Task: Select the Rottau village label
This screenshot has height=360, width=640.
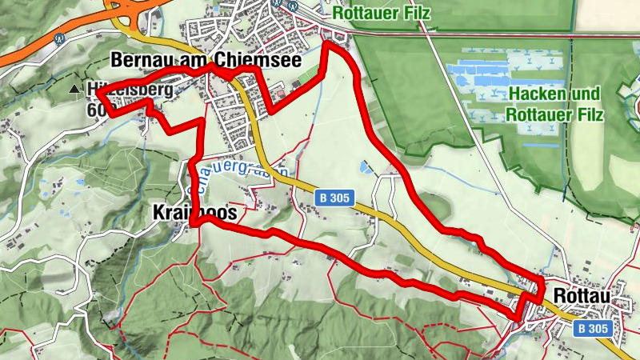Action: [581, 296]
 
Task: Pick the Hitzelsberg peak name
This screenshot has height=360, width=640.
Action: [128, 90]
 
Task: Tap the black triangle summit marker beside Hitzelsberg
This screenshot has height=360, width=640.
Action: [74, 90]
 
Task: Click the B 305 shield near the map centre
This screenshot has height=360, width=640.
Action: [334, 198]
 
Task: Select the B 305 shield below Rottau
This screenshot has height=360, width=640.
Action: [593, 328]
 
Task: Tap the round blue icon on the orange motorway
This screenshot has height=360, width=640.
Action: [58, 36]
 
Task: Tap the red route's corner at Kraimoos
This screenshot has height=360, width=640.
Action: [194, 225]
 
